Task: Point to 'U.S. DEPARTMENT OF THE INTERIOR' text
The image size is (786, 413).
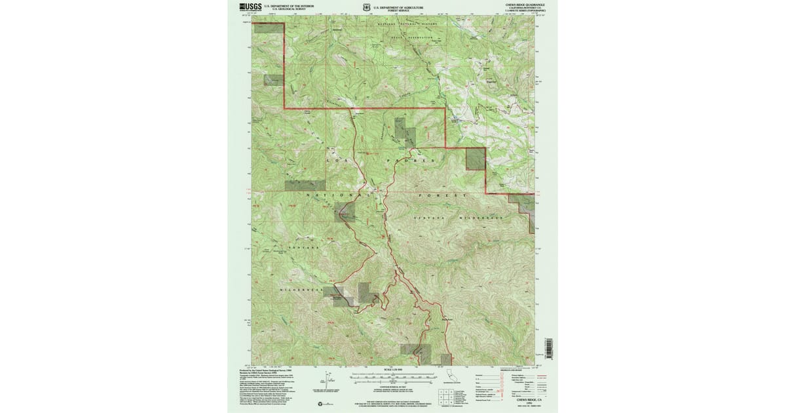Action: click(x=293, y=5)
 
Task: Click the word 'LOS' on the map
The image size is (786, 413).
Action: click(x=335, y=160)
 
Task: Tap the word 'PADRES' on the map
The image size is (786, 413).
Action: click(x=410, y=160)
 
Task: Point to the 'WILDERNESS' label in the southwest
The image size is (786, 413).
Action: click(x=297, y=289)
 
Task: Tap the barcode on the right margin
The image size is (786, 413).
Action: click(x=550, y=348)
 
